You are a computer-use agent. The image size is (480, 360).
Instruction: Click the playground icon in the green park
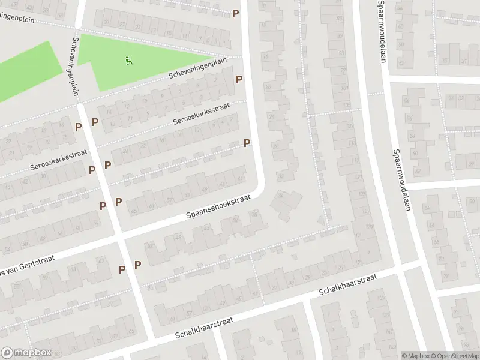pos(128,60)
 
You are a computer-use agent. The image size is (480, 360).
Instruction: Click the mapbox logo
pos(24,353)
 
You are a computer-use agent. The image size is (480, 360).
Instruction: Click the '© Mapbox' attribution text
pos(416,356)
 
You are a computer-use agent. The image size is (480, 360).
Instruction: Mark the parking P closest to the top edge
pos(236,13)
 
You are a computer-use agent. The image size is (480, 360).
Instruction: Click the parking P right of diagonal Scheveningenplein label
pos(239,79)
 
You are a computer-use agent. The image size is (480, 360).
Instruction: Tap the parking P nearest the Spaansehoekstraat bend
pos(247,143)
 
